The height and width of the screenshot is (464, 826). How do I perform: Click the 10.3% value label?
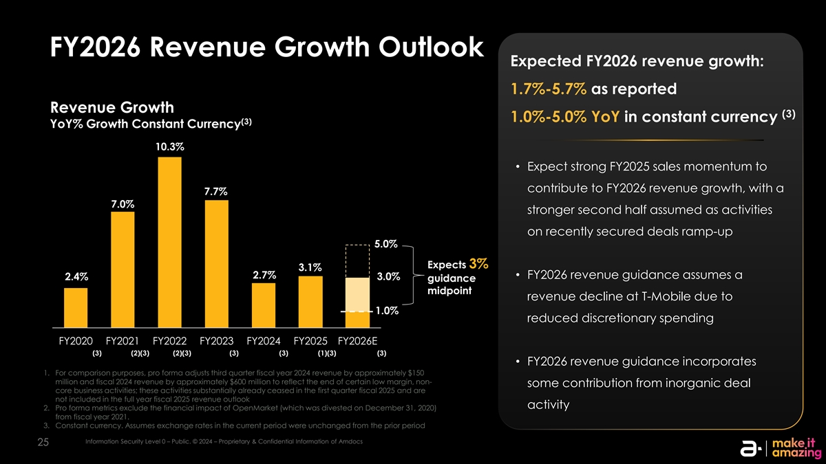coord(169,146)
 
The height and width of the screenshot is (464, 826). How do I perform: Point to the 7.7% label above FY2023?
coord(216,190)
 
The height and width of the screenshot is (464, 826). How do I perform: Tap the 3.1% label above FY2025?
coord(310,267)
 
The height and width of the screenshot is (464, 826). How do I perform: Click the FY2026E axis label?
coord(357,341)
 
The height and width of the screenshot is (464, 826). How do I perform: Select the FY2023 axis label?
coord(217,341)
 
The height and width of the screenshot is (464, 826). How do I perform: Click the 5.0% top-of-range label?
coord(386,244)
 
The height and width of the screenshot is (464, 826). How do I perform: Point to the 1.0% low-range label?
coord(386,310)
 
